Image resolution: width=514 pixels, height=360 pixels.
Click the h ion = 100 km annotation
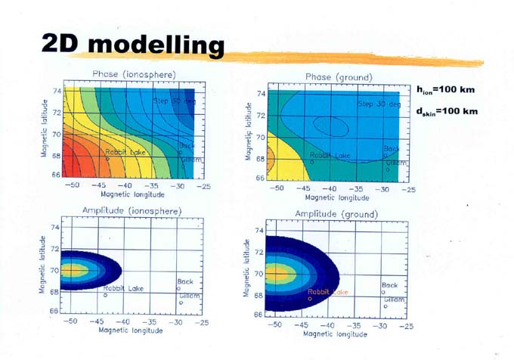pyautogui.click(x=447, y=90)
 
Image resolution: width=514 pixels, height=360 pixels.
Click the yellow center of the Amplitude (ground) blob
pyautogui.click(x=280, y=272)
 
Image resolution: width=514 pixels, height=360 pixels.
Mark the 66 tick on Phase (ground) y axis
pyautogui.click(x=261, y=179)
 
